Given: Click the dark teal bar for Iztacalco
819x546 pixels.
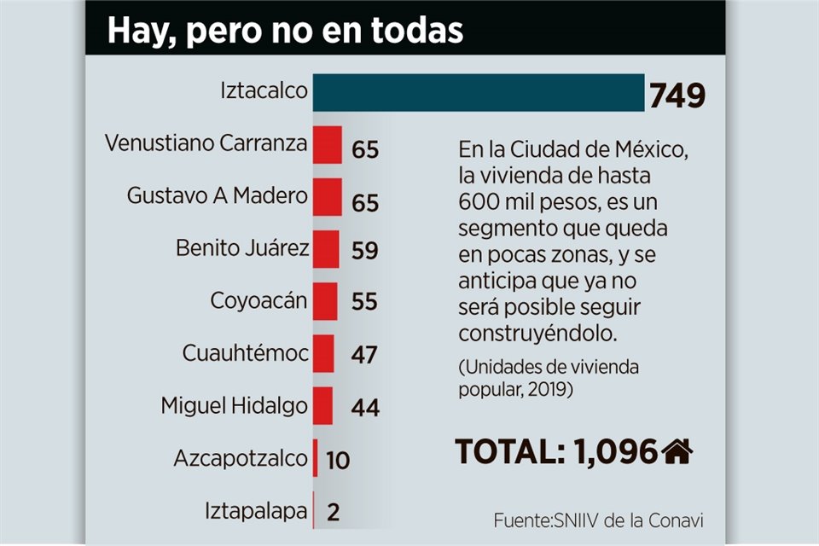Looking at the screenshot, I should coord(478,92).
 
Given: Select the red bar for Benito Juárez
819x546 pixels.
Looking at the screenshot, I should coord(326,249).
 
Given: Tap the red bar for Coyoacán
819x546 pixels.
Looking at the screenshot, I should coord(325,301).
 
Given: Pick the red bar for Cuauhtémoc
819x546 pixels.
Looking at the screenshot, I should coord(323,353).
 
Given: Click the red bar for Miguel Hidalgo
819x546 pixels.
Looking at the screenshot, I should coord(322,405).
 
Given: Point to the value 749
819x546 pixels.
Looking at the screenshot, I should coord(677,96).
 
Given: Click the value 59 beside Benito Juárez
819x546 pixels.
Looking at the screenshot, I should coord(365,251).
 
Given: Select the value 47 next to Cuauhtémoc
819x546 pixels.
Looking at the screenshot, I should coord(365,355).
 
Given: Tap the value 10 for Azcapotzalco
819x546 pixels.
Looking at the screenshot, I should coord(338,460).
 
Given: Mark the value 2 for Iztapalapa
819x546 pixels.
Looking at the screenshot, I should coord(334,512).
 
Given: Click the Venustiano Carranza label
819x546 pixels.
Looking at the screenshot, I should coord(206,142).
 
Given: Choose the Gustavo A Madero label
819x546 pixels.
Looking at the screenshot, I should coord(217,195).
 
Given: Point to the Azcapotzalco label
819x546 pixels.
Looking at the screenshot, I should coord(240,458).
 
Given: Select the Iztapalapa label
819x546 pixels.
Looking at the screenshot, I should coord(256,511).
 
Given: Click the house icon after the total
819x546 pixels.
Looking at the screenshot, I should coord(677,450).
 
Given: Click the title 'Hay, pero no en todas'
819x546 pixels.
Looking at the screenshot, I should coord(285,30).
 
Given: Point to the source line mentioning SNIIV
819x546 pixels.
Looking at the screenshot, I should coord(599,520).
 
